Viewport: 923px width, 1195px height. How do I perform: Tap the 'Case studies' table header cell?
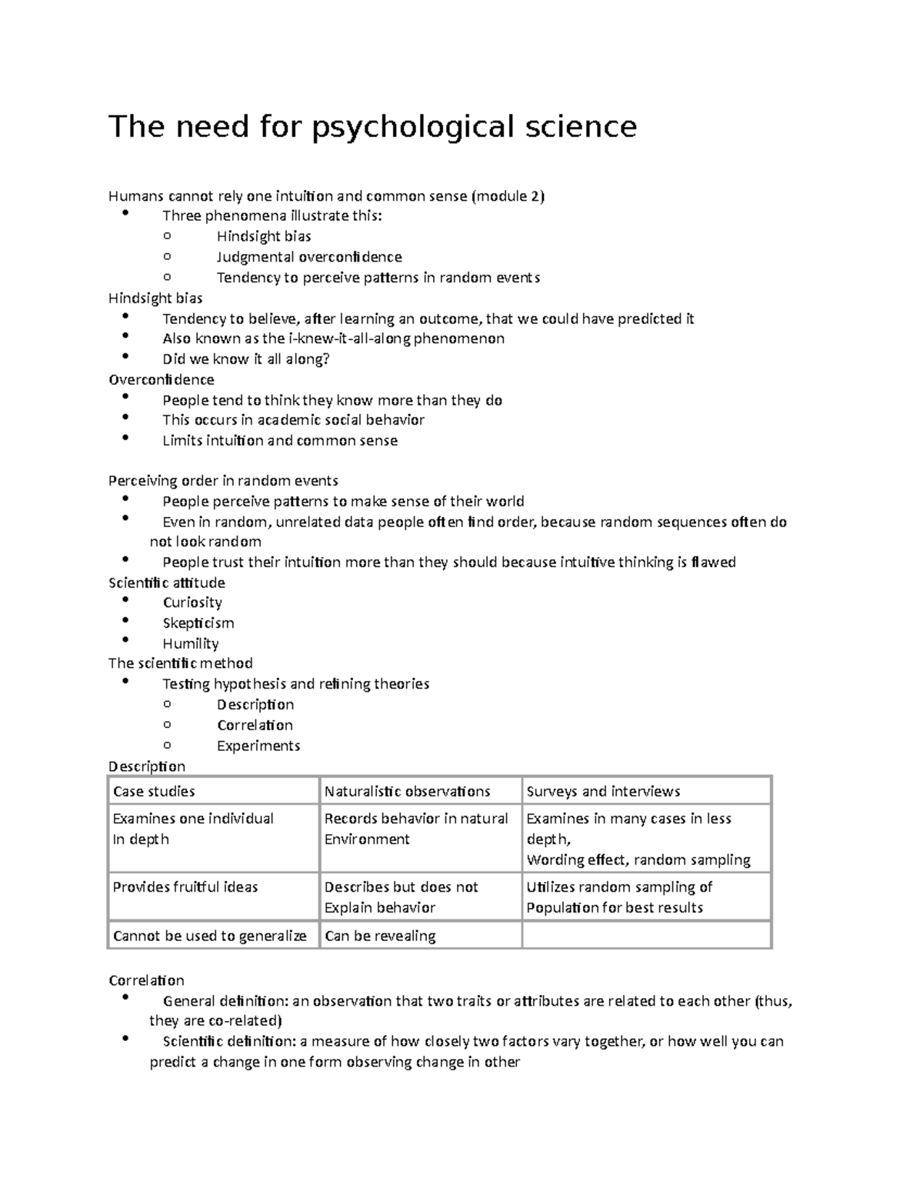[x=154, y=791]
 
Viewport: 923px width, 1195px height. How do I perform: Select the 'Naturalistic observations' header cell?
[x=407, y=791]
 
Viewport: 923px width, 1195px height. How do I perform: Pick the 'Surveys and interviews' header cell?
[x=603, y=791]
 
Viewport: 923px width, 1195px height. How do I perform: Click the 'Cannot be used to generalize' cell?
[x=209, y=936]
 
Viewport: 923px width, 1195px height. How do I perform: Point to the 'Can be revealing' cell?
[x=380, y=936]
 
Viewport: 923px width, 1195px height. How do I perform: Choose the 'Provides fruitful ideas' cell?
[x=185, y=886]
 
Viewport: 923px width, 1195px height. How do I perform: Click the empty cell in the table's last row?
[x=646, y=935]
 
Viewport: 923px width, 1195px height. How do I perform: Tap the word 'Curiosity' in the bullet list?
[x=192, y=603]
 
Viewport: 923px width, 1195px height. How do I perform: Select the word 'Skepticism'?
[x=198, y=623]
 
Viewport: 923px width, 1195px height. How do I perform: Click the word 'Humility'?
[x=191, y=643]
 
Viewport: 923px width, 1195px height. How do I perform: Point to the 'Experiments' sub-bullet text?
[x=258, y=746]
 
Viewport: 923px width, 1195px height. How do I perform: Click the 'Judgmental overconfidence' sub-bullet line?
[x=309, y=257]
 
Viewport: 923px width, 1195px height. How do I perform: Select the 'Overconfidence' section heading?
[x=162, y=379]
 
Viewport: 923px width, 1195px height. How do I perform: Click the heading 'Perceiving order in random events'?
[x=223, y=481]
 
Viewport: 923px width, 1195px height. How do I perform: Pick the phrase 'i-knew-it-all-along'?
[x=349, y=339]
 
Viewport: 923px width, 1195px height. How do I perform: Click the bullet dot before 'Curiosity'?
[x=126, y=600]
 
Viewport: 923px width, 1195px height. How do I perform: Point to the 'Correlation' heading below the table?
[x=146, y=980]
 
